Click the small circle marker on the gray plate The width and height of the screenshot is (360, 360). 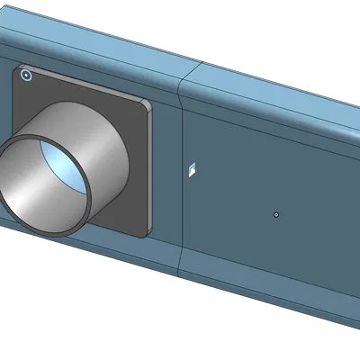[x=26, y=76]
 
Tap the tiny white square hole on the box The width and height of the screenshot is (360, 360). [x=191, y=168]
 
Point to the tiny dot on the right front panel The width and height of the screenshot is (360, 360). [x=276, y=214]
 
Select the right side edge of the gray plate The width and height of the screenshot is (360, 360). [x=147, y=171]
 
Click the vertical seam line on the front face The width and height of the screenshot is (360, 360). [x=183, y=180]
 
